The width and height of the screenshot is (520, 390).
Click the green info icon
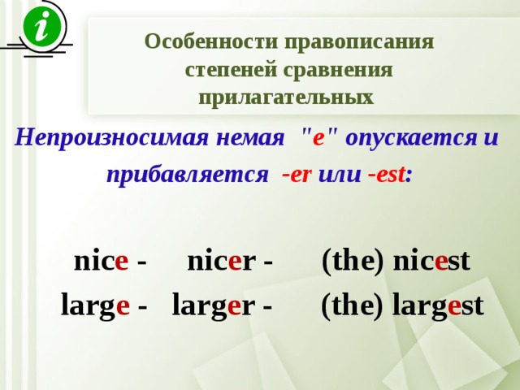pyautogui.click(x=42, y=27)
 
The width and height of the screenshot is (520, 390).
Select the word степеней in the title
pyautogui.click(x=231, y=71)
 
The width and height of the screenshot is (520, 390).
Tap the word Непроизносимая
pyautogui.click(x=111, y=137)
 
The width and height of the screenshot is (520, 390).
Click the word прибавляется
pyautogui.click(x=188, y=175)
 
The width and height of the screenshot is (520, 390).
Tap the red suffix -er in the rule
pyautogui.click(x=297, y=175)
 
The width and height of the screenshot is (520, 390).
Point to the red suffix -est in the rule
pyautogui.click(x=387, y=174)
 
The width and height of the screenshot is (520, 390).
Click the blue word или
pyautogui.click(x=340, y=175)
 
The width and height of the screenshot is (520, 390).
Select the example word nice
pyautogui.click(x=101, y=261)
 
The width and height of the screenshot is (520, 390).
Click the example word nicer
pyautogui.click(x=222, y=261)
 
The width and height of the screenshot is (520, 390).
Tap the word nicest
pyautogui.click(x=431, y=261)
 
